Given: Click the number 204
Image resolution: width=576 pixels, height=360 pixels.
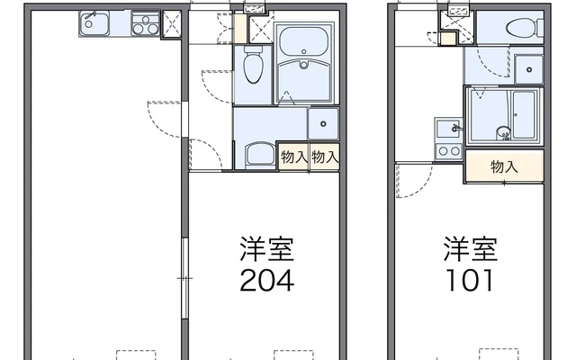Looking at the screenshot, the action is [267, 280].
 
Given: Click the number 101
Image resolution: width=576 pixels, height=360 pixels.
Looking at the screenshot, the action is [470, 280].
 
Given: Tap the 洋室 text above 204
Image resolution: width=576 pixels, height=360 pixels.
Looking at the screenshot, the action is [267, 248].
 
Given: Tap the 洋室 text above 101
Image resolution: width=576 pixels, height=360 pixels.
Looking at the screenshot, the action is [471, 248].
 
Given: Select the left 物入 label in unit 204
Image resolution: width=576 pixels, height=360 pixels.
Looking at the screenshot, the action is [294, 157].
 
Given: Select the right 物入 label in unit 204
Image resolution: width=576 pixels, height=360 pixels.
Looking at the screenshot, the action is [325, 157].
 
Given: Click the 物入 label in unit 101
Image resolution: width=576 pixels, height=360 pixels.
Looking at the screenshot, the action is [504, 166].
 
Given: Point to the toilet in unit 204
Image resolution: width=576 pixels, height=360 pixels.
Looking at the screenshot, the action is [253, 64].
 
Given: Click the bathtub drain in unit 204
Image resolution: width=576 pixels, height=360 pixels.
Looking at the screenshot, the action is [304, 65].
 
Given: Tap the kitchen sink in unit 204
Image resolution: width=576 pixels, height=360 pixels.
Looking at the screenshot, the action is [94, 23].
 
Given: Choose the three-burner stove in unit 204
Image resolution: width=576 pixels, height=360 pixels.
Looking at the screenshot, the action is [146, 23].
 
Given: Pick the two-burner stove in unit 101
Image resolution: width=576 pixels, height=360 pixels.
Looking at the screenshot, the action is [449, 150].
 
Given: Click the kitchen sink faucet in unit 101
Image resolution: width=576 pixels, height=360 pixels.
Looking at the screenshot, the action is [456, 129].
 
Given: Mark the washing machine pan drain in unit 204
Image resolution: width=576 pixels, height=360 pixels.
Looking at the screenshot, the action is [323, 124].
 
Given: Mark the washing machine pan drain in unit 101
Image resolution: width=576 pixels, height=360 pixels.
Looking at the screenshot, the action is [529, 69].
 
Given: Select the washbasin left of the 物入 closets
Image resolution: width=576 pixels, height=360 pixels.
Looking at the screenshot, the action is [260, 154].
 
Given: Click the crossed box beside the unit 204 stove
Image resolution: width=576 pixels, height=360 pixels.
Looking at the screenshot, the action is [172, 24].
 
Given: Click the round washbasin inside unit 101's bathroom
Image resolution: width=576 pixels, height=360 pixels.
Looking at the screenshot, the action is [502, 132].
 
